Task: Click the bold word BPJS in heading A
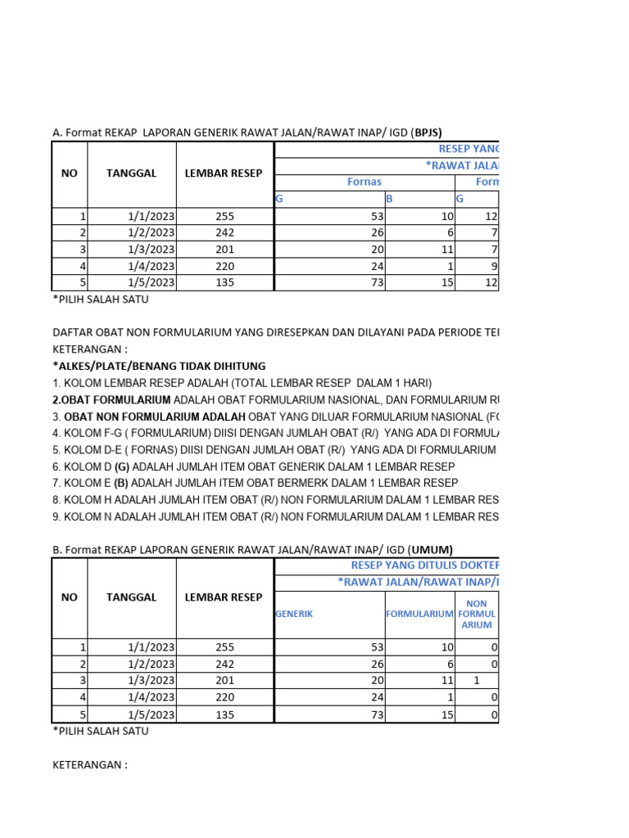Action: (x=428, y=132)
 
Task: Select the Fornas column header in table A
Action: (x=364, y=182)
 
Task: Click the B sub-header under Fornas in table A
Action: (x=389, y=199)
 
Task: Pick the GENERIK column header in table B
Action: (x=295, y=613)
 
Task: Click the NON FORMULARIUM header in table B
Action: (x=477, y=613)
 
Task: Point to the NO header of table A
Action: (x=70, y=173)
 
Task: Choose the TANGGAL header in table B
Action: (x=131, y=597)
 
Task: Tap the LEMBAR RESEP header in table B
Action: (x=224, y=597)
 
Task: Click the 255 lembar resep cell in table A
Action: (x=224, y=216)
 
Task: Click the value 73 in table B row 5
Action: (x=377, y=714)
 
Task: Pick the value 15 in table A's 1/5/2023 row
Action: (x=446, y=282)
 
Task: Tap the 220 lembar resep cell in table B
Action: (x=224, y=697)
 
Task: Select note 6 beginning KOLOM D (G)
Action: (x=254, y=466)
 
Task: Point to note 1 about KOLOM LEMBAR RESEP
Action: (x=242, y=382)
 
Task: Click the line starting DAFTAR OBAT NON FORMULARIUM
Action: (x=275, y=332)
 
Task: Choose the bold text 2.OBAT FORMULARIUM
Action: (x=111, y=399)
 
